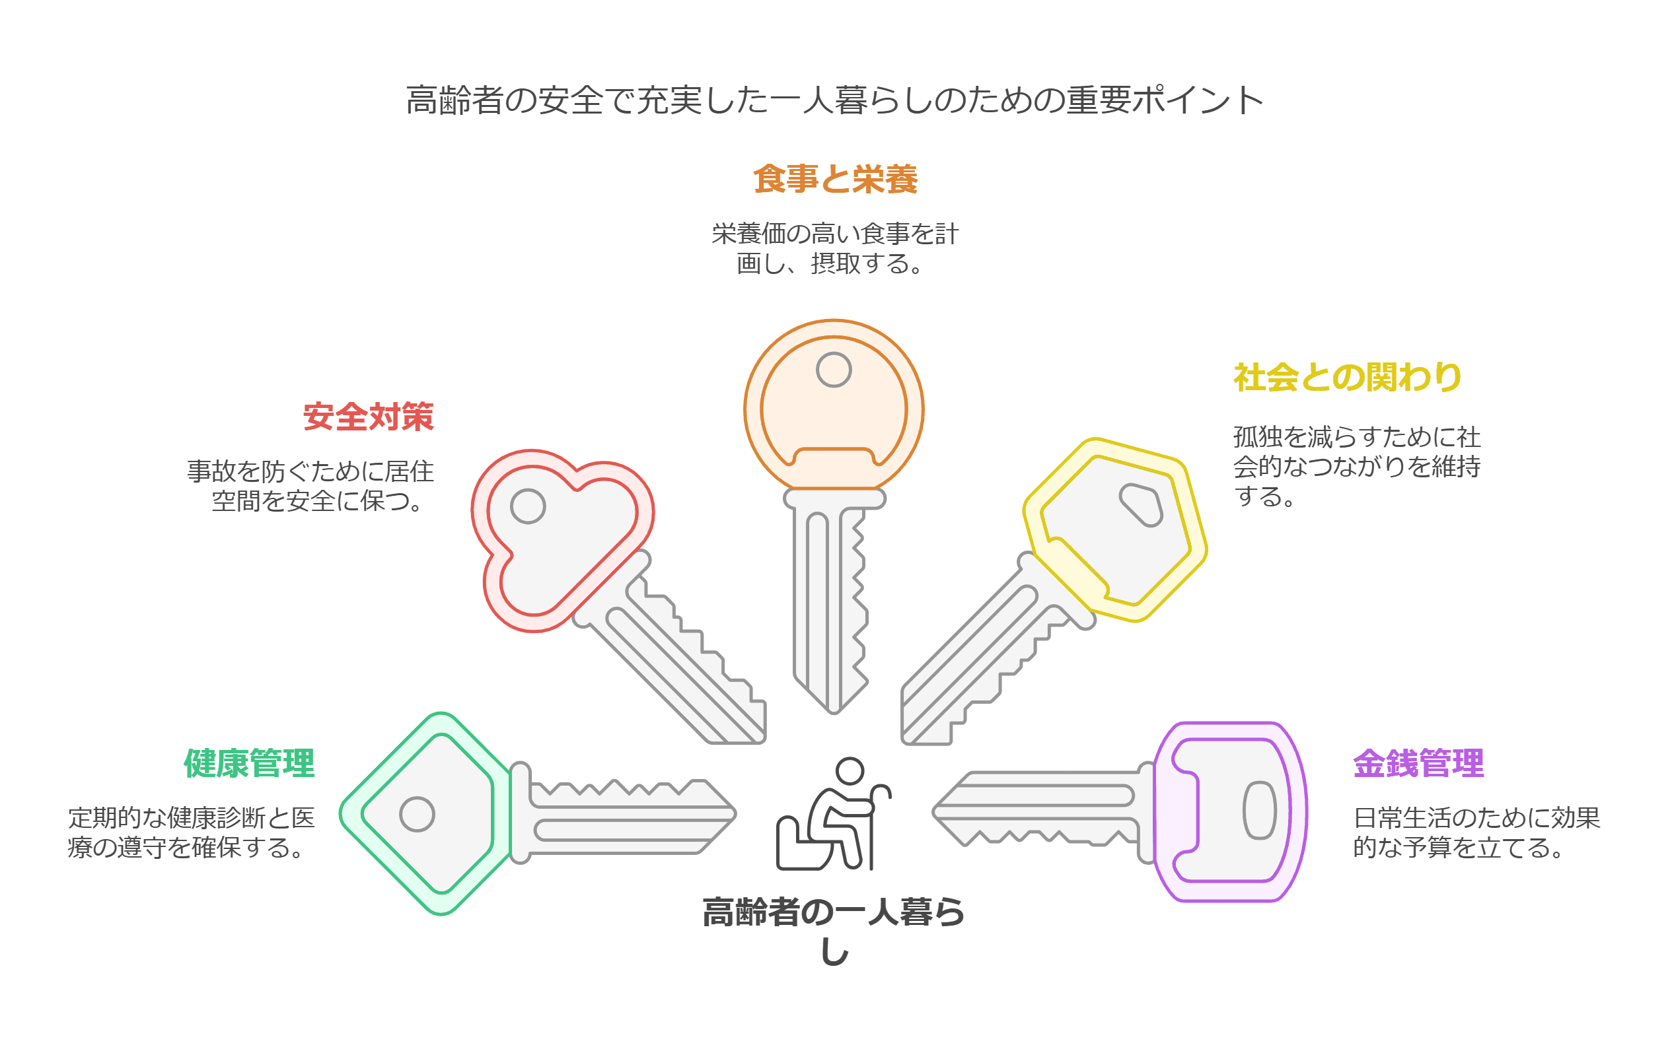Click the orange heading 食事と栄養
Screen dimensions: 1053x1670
[x=835, y=179]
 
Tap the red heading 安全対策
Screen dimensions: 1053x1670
[x=368, y=417]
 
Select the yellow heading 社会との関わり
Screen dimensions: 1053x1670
[x=1347, y=378]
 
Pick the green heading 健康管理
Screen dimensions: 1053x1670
[x=249, y=763]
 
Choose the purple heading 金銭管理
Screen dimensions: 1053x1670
[x=1418, y=763]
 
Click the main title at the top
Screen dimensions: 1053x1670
[x=835, y=100]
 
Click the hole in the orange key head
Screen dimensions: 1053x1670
[x=834, y=370]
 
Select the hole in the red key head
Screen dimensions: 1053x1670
[x=528, y=506]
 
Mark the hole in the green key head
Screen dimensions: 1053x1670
[x=417, y=814]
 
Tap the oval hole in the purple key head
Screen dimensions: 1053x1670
[x=1259, y=810]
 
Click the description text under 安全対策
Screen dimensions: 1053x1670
[x=310, y=486]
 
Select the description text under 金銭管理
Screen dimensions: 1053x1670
[x=1476, y=832]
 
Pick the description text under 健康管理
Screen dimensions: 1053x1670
[x=192, y=832]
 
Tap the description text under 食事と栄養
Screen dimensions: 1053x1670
[x=835, y=248]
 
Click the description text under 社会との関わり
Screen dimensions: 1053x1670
[x=1356, y=467]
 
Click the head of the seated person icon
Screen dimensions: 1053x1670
[x=850, y=770]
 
